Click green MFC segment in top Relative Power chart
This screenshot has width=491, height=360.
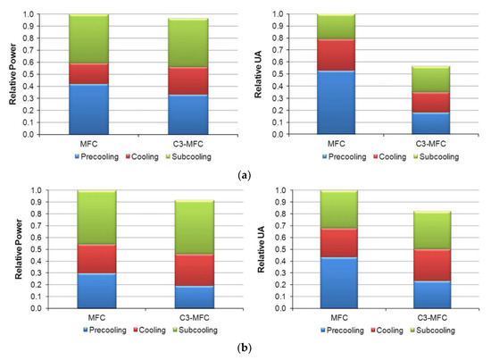coord(83,39)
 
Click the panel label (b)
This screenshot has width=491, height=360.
coord(245,348)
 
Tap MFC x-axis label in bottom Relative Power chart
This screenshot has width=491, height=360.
coord(83,316)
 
